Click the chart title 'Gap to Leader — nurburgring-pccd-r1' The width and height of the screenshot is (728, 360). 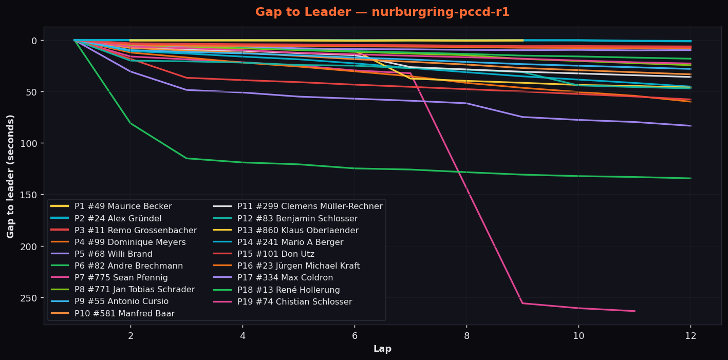tap(382, 12)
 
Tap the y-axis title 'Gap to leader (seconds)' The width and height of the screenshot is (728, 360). tap(10, 177)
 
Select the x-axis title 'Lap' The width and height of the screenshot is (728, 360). tap(382, 349)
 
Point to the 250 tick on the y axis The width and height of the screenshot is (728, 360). tap(29, 298)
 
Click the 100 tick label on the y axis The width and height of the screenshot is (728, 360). tap(29, 143)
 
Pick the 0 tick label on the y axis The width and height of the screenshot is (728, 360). tap(34, 41)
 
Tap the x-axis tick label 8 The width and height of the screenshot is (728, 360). tap(466, 336)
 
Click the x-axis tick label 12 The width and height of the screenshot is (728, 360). tap(690, 336)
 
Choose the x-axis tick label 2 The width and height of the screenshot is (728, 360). tap(130, 336)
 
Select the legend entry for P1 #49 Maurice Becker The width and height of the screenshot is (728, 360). tap(111, 206)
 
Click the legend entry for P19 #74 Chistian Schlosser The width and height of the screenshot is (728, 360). tap(283, 302)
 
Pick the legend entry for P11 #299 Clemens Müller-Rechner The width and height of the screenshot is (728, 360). tap(298, 206)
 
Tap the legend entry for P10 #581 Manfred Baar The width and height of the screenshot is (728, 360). tap(113, 314)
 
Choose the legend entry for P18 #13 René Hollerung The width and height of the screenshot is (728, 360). tap(276, 290)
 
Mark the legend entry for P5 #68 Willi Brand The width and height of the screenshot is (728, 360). tap(101, 254)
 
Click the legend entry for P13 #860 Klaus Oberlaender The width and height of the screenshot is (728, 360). tap(286, 231)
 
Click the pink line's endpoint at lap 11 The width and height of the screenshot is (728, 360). tap(634, 311)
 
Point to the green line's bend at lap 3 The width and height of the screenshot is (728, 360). tap(186, 158)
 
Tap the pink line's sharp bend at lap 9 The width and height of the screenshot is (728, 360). tap(522, 303)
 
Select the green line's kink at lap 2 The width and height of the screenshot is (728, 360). tap(130, 123)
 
